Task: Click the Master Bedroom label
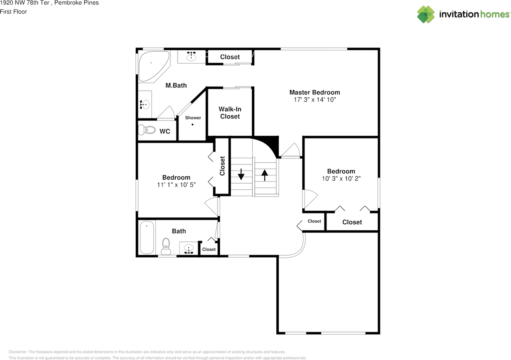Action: pyautogui.click(x=315, y=93)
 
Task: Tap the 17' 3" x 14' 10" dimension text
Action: pyautogui.click(x=315, y=100)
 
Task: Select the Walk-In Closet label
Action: pyautogui.click(x=230, y=113)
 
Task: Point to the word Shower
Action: pyautogui.click(x=193, y=118)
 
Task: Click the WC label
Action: pyautogui.click(x=165, y=131)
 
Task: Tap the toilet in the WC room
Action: pyautogui.click(x=147, y=130)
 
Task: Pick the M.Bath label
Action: pyautogui.click(x=176, y=85)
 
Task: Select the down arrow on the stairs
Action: pyautogui.click(x=241, y=174)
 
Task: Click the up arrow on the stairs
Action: pyautogui.click(x=265, y=175)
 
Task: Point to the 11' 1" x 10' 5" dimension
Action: pyautogui.click(x=176, y=185)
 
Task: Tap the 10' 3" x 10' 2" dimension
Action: pyautogui.click(x=341, y=179)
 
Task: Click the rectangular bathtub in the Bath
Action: pyautogui.click(x=147, y=237)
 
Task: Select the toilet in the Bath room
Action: pyautogui.click(x=166, y=246)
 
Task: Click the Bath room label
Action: pyautogui.click(x=179, y=231)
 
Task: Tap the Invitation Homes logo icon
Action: pyautogui.click(x=426, y=14)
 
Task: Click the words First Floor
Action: pyautogui.click(x=14, y=12)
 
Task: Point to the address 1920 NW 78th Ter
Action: pyautogui.click(x=25, y=3)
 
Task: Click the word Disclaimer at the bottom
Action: pyautogui.click(x=18, y=352)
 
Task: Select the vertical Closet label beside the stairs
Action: pyautogui.click(x=222, y=166)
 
